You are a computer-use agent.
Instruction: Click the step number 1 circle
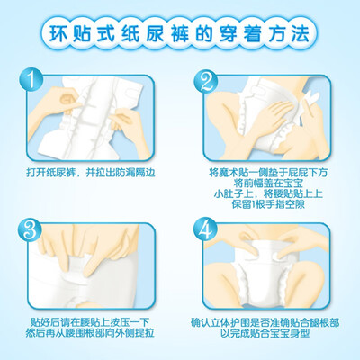pos(31,79)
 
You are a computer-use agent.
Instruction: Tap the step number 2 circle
pos(205,81)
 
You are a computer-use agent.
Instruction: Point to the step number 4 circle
pos(205,229)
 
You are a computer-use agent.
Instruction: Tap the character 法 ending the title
pos(300,33)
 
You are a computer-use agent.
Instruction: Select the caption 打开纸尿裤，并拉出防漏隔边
pos(91,173)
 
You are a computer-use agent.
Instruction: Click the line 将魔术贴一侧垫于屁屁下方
pos(268,173)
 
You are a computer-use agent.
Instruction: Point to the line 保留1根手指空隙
pos(268,204)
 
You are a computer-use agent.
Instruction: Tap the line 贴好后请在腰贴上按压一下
pos(90,322)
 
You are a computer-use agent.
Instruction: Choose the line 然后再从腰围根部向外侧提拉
pos(90,333)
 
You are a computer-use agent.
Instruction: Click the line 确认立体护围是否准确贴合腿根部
pos(265,322)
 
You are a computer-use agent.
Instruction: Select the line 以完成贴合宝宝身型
pos(265,333)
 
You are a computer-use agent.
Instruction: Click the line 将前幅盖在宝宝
pos(268,184)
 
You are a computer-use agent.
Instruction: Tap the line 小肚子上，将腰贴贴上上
pos(268,193)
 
